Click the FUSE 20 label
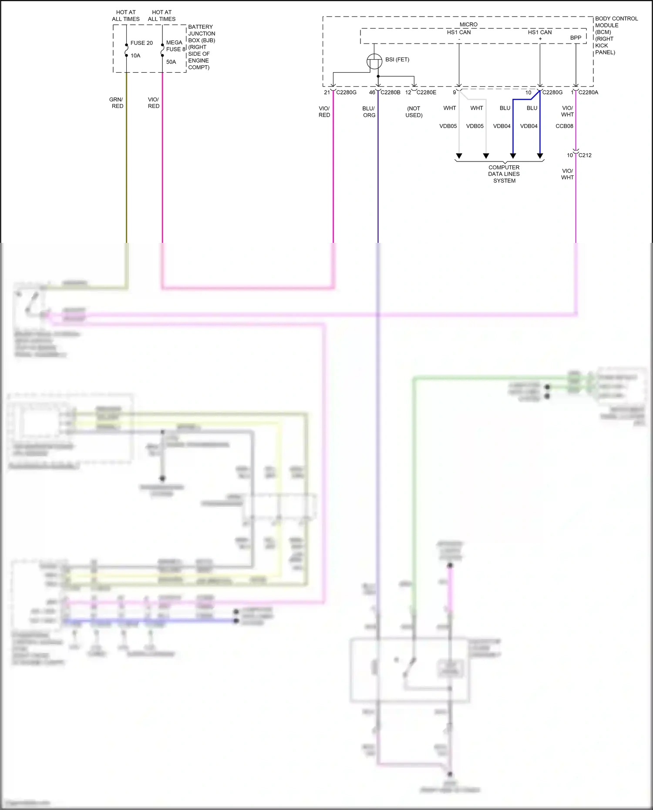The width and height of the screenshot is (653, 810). pyautogui.click(x=141, y=43)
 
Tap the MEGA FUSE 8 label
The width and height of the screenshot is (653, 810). pyautogui.click(x=175, y=46)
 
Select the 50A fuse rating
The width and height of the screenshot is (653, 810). pyautogui.click(x=171, y=62)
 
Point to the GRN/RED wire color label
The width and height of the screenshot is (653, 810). pyautogui.click(x=116, y=103)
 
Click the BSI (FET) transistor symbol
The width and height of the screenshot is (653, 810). pyautogui.click(x=374, y=61)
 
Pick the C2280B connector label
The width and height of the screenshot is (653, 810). pyautogui.click(x=390, y=92)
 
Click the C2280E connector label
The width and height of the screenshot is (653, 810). pyautogui.click(x=426, y=92)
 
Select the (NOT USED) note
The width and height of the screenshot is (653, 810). pyautogui.click(x=414, y=112)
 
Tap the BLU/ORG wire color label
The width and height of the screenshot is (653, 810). pyautogui.click(x=369, y=112)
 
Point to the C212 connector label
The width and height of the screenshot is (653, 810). pyautogui.click(x=585, y=155)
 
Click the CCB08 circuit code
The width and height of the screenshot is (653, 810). pyautogui.click(x=564, y=126)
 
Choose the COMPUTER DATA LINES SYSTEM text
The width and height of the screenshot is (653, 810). pyautogui.click(x=504, y=174)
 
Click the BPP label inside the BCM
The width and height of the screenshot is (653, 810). pyautogui.click(x=576, y=38)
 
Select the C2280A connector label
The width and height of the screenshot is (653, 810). pyautogui.click(x=588, y=92)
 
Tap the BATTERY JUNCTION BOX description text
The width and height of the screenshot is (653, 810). pyautogui.click(x=201, y=47)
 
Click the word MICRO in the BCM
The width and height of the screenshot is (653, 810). pyautogui.click(x=468, y=24)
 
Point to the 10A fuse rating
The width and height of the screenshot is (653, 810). pyautogui.click(x=135, y=56)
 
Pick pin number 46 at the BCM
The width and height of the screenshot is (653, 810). pyautogui.click(x=372, y=92)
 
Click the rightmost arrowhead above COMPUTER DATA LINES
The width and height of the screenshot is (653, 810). pyautogui.click(x=540, y=156)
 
